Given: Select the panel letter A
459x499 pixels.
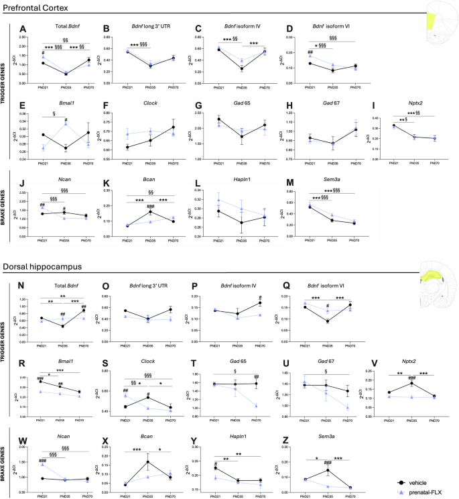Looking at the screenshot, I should [x=23, y=29].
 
